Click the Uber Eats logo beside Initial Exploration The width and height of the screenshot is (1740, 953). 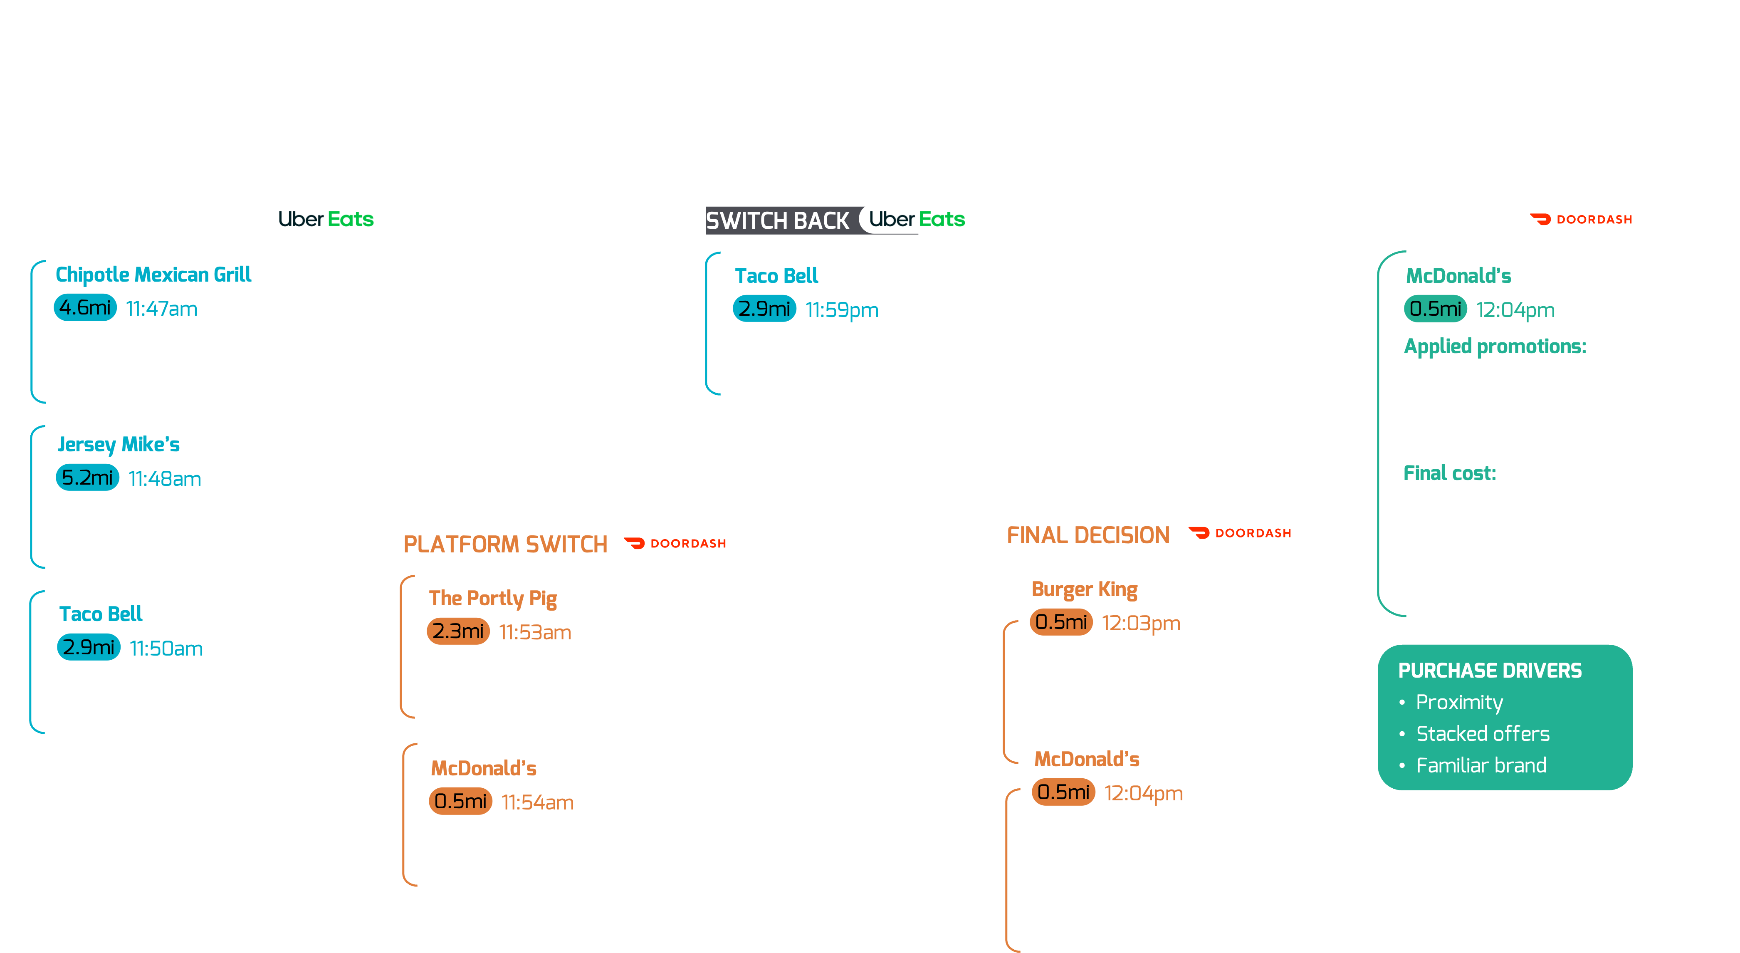[326, 219]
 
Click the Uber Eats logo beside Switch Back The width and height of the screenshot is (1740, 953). [917, 219]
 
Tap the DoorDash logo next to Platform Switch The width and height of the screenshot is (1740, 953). [677, 543]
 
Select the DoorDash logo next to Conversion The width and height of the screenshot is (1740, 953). [1583, 219]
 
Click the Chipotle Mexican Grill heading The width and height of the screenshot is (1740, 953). [153, 274]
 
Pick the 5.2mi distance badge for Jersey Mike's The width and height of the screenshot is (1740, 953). [87, 478]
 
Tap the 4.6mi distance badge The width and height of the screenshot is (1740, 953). [85, 308]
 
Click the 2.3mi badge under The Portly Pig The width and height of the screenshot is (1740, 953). [458, 631]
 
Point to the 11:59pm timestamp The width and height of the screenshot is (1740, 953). [842, 310]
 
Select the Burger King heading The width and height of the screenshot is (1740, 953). [1084, 589]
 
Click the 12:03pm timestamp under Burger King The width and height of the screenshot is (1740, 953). [1141, 623]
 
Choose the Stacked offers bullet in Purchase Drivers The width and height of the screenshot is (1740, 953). [1483, 733]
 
